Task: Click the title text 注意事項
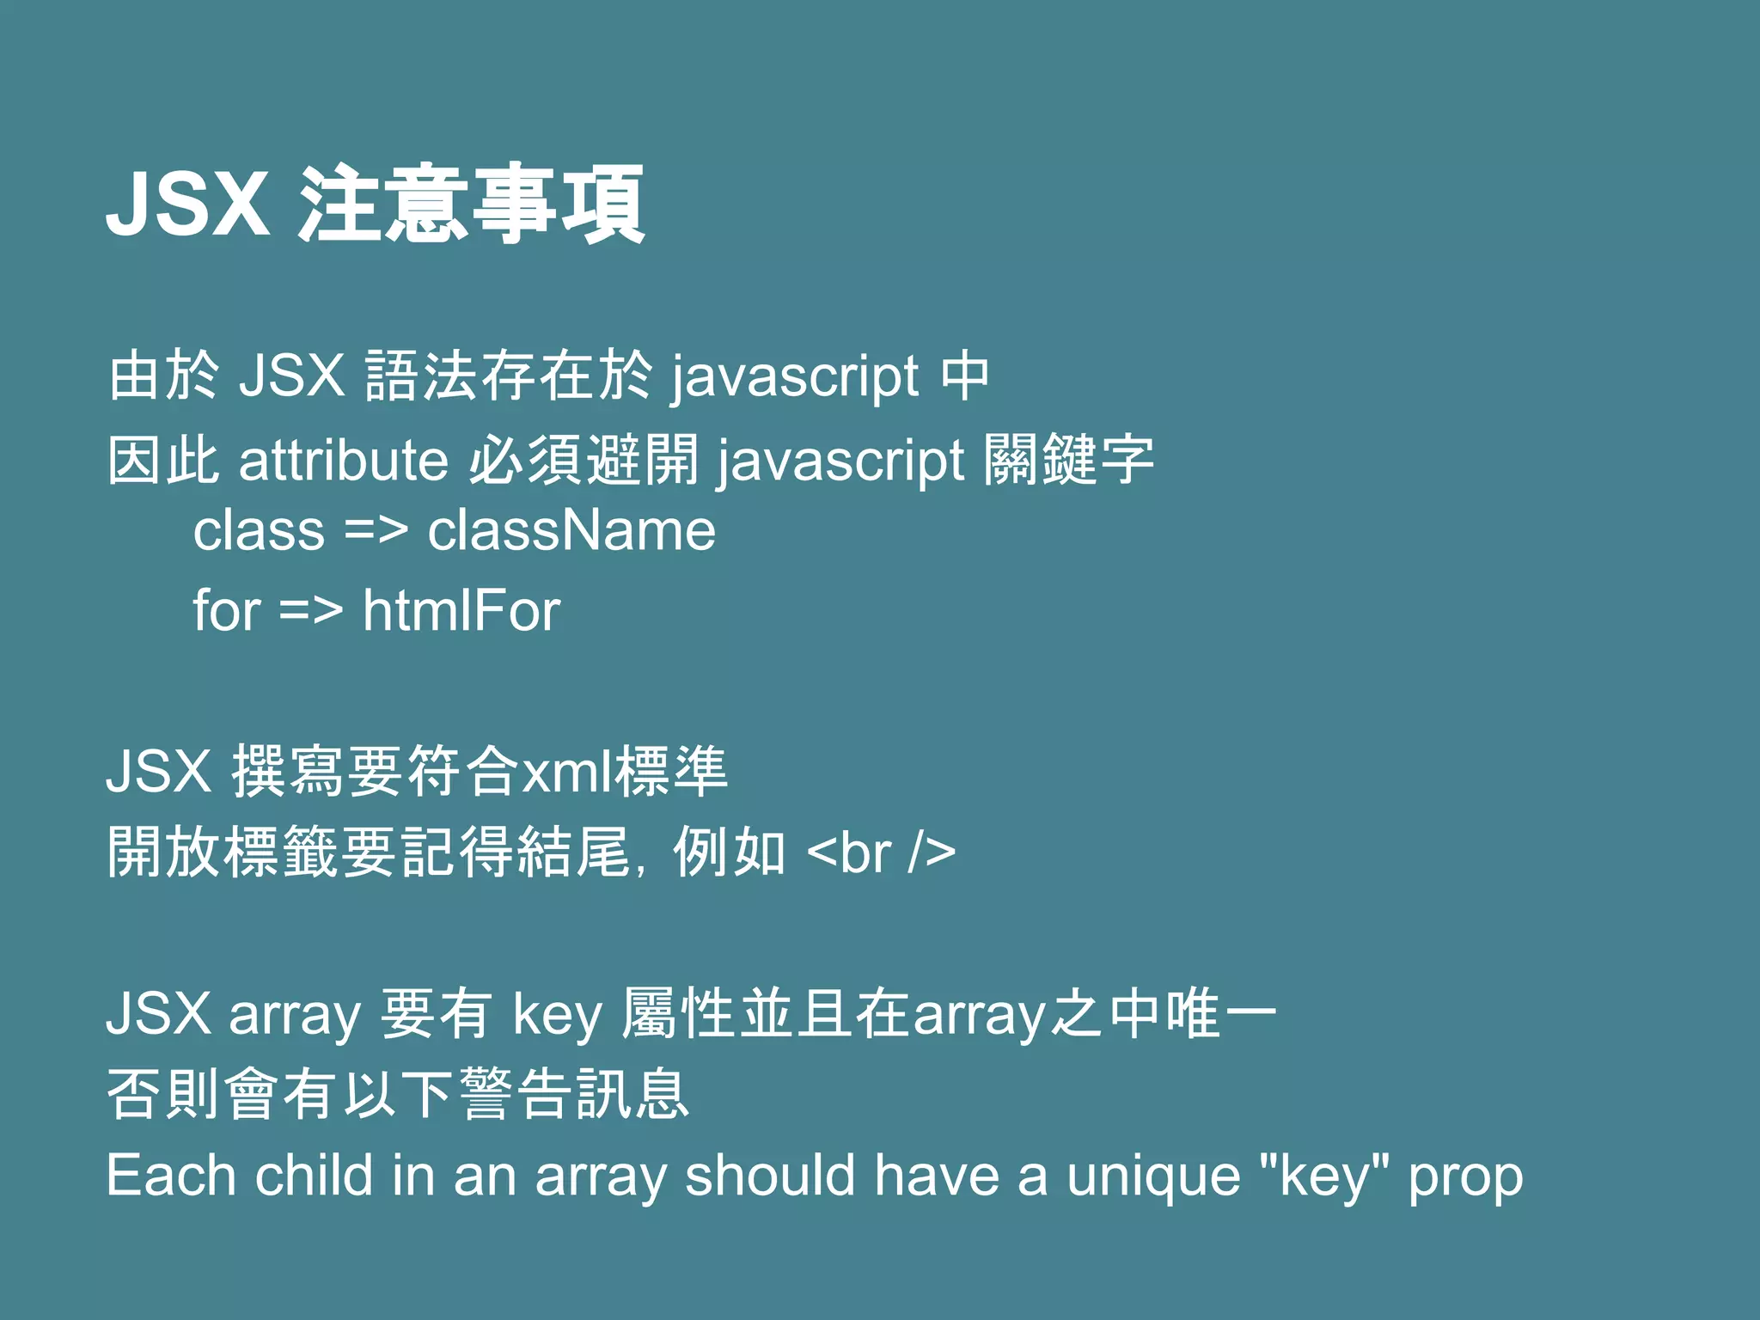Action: tap(470, 204)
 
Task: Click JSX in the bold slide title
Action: tap(187, 204)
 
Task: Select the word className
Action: tap(571, 530)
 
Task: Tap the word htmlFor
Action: tap(461, 610)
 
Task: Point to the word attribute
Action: tap(343, 460)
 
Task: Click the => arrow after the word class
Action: tap(376, 530)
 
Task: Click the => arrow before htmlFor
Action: tap(311, 610)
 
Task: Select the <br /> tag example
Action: tap(882, 852)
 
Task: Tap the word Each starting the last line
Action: tap(170, 1176)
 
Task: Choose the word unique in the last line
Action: tap(1153, 1176)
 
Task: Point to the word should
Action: tap(770, 1176)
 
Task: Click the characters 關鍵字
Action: tap(1068, 460)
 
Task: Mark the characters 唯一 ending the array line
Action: tap(1221, 1013)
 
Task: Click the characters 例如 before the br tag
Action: tap(729, 852)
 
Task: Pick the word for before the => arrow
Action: tap(226, 610)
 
